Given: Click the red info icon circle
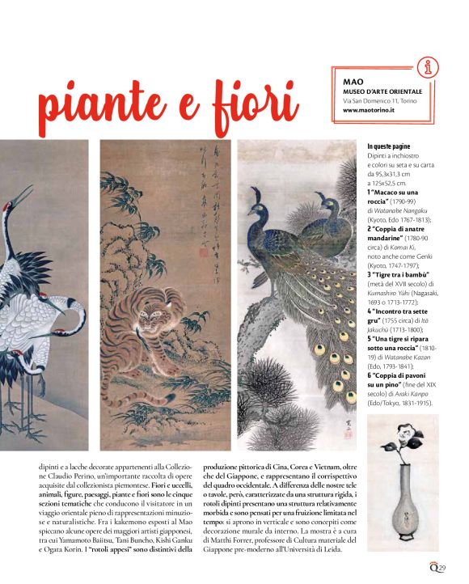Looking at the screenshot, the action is pyautogui.click(x=429, y=67).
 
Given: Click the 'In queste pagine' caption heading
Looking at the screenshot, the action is pyautogui.click(x=391, y=147).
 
